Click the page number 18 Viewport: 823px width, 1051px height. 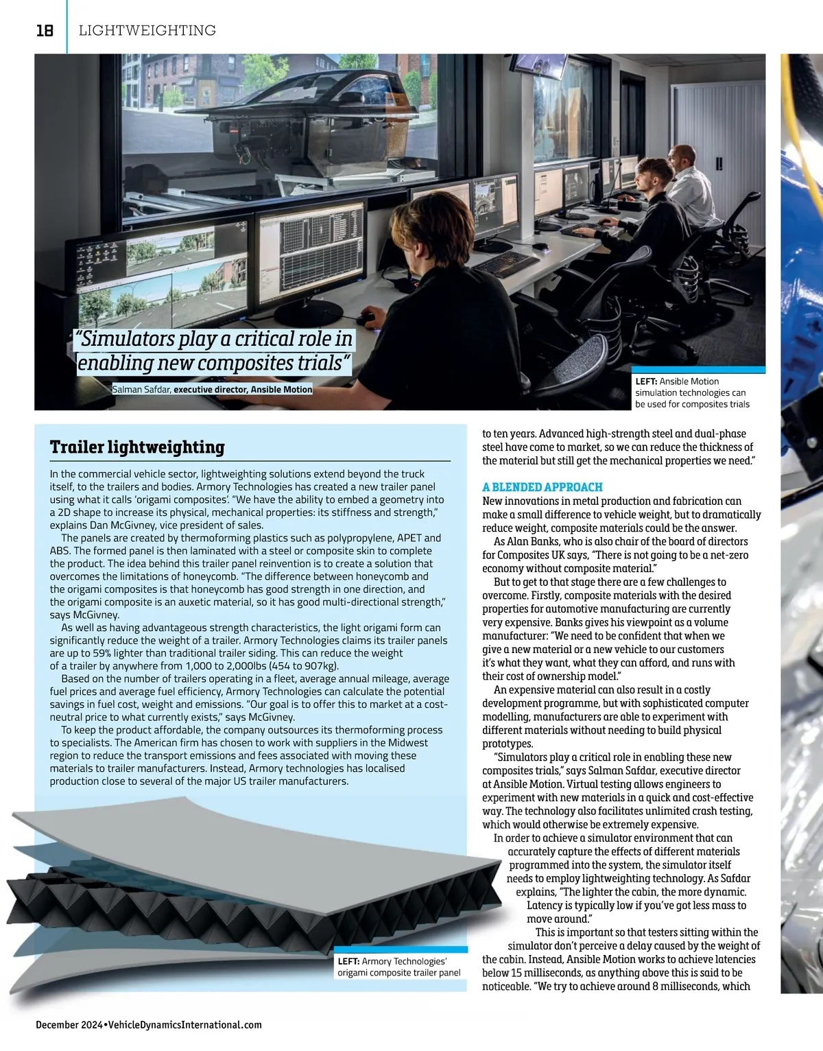45,30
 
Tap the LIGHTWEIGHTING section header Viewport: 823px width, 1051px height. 147,30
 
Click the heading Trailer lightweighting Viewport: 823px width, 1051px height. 137,447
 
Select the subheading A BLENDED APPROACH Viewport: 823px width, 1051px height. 542,487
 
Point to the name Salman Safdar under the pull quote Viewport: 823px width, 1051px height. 142,390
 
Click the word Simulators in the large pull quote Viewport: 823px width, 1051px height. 128,339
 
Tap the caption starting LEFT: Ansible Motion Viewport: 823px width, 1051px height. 692,392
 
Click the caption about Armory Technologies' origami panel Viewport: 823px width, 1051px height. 398,967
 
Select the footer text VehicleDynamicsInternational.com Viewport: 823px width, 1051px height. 185,1024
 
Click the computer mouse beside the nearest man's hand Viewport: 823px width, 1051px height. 366,318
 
